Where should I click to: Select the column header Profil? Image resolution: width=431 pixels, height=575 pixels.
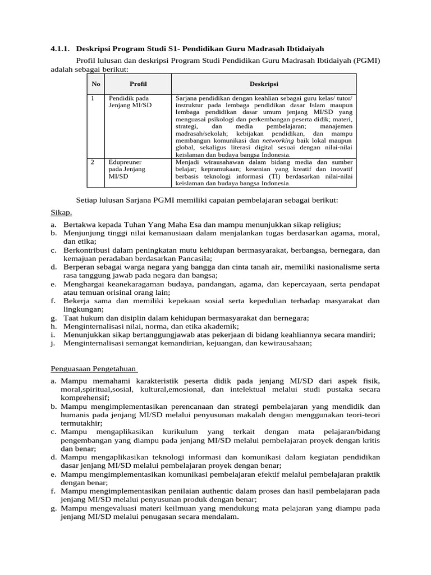click(138, 84)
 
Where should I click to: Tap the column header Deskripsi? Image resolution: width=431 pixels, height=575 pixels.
click(263, 84)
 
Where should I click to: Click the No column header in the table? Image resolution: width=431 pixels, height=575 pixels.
click(96, 84)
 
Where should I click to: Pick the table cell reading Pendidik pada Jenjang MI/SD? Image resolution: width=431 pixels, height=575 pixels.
click(129, 102)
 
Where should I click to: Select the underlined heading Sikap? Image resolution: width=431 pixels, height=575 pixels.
click(58, 213)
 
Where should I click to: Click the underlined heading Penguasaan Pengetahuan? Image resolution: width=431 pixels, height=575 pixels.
click(93, 368)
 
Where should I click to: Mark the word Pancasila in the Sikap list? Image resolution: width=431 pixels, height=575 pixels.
click(193, 258)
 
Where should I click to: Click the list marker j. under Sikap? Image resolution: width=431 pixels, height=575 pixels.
click(52, 343)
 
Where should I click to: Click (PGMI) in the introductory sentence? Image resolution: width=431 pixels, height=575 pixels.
click(367, 61)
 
